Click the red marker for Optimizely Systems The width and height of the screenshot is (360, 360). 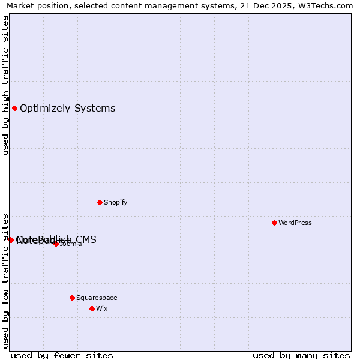click(14, 109)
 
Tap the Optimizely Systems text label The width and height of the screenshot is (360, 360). click(67, 109)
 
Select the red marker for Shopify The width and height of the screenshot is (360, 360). click(100, 202)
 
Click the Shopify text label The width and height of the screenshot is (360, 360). click(115, 202)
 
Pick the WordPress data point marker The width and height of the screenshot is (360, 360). click(274, 223)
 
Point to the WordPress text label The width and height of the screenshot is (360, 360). click(295, 223)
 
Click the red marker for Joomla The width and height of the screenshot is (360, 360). click(56, 244)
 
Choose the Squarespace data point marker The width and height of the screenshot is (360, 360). click(72, 298)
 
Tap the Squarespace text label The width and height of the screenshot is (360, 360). click(97, 298)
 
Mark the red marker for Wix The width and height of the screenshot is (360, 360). click(92, 308)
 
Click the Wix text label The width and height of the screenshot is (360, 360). click(101, 308)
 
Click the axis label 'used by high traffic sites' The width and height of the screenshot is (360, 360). click(5, 85)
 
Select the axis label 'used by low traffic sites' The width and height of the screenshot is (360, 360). click(5, 280)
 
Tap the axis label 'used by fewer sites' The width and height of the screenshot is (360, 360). click(62, 355)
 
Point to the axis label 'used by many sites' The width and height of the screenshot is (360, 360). click(301, 355)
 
